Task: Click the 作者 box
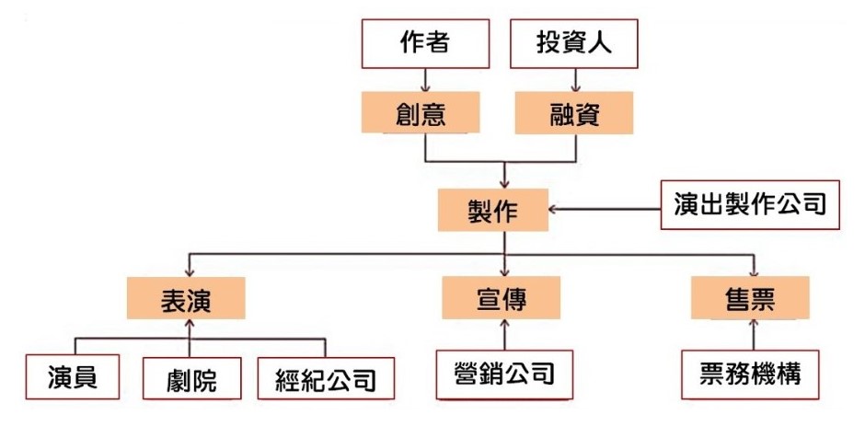click(424, 44)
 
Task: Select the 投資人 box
click(573, 44)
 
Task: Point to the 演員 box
click(74, 376)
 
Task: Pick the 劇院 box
click(192, 378)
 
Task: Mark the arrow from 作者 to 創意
click(424, 80)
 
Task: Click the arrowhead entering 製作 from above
click(503, 181)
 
